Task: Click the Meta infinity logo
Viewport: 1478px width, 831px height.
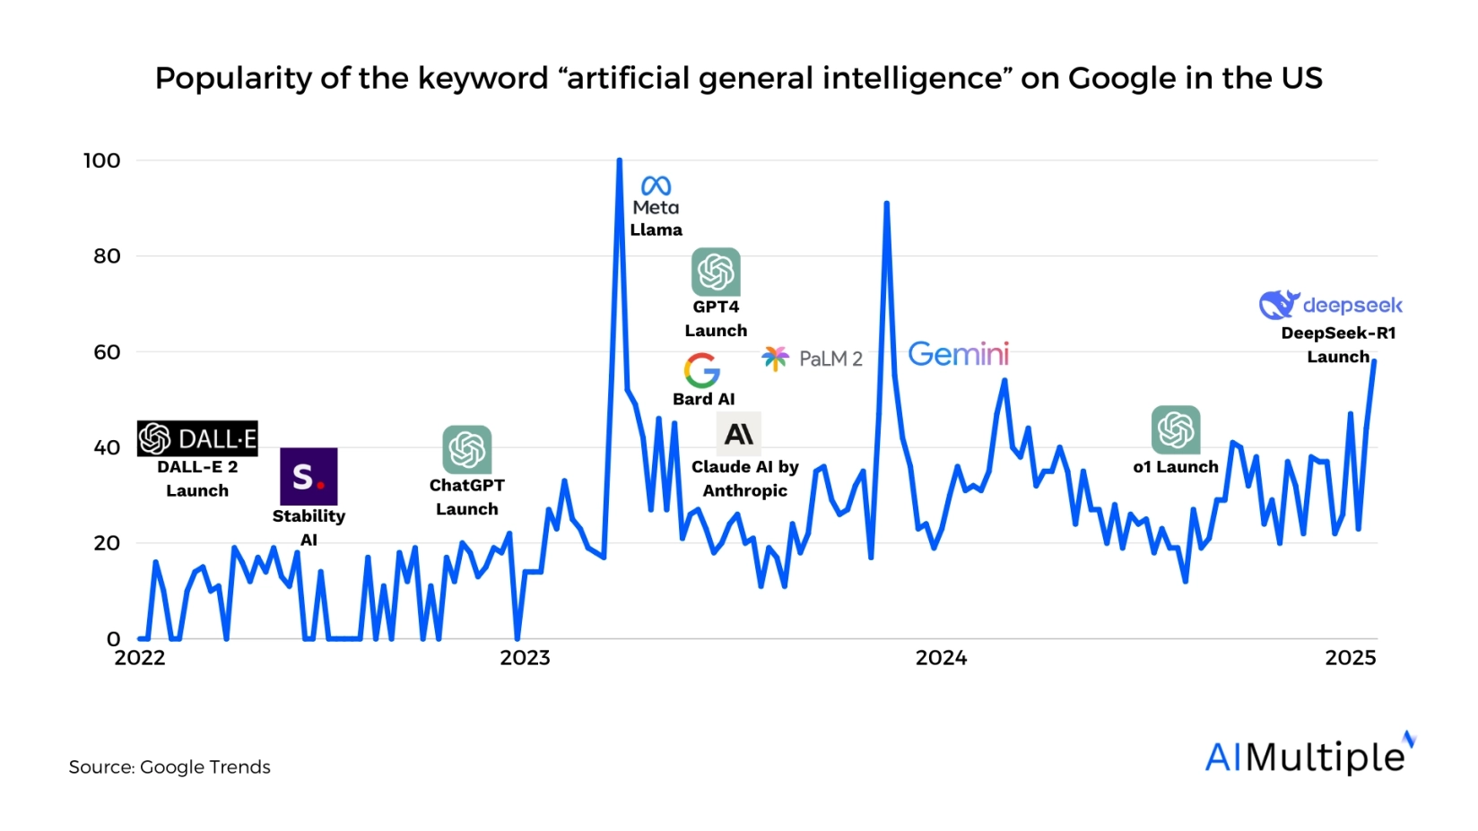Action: point(656,186)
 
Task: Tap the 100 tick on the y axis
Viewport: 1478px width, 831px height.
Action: point(101,160)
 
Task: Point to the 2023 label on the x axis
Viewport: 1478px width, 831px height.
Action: point(525,658)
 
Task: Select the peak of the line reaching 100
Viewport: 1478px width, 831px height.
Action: point(619,161)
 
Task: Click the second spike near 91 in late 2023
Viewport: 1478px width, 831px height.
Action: point(886,204)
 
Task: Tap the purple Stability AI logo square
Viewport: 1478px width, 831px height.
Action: point(309,476)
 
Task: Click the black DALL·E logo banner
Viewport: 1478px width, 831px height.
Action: point(197,438)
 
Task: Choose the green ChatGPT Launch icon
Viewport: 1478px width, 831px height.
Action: point(466,449)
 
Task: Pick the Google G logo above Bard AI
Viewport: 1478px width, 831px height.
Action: point(701,369)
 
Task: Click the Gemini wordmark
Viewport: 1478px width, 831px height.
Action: point(958,354)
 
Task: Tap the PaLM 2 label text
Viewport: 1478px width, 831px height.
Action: point(830,359)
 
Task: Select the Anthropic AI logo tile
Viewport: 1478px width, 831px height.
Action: point(739,435)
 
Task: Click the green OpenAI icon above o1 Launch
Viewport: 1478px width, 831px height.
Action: point(1175,429)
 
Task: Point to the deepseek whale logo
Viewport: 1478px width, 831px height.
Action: point(1279,305)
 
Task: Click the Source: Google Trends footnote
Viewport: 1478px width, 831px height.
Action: point(170,767)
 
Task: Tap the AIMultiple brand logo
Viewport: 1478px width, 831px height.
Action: point(1308,756)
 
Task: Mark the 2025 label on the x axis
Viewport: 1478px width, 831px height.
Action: point(1350,658)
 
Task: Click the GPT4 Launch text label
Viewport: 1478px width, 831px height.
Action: point(716,318)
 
